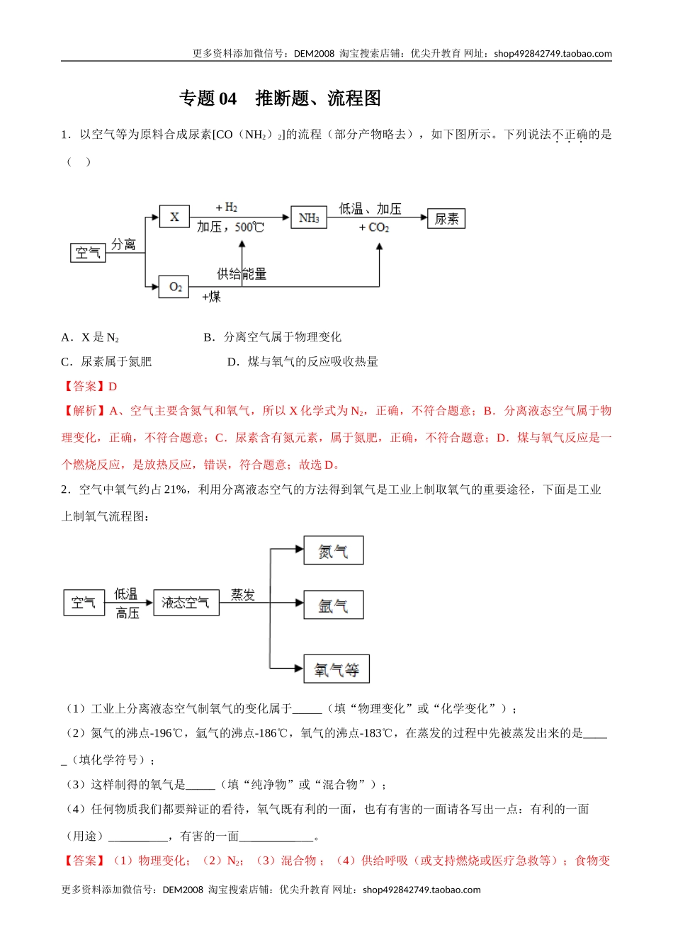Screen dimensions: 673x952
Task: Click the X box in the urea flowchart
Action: click(174, 217)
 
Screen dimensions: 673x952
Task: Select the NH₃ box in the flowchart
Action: click(309, 218)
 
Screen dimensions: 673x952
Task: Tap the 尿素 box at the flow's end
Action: click(446, 219)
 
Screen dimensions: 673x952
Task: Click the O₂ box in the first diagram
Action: click(174, 287)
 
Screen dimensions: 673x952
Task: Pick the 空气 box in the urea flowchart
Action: click(89, 253)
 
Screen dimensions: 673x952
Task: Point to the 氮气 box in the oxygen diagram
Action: click(333, 550)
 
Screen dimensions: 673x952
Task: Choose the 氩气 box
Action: click(333, 606)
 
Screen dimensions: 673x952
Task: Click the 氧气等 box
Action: click(336, 669)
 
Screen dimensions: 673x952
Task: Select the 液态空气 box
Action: click(186, 603)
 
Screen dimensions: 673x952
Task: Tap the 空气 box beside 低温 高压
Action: click(84, 603)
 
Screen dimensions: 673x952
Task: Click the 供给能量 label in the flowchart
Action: click(242, 273)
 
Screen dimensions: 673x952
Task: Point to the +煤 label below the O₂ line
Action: click(211, 297)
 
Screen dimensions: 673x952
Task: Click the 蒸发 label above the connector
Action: click(242, 595)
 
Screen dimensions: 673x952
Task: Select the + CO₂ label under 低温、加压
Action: click(373, 227)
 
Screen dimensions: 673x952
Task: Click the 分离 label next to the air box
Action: click(123, 244)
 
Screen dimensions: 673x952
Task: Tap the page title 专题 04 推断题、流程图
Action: click(280, 98)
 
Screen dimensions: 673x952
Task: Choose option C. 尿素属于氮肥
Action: click(106, 362)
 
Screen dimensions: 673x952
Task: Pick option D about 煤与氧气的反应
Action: click(302, 362)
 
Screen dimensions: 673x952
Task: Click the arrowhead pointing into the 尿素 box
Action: click(424, 218)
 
